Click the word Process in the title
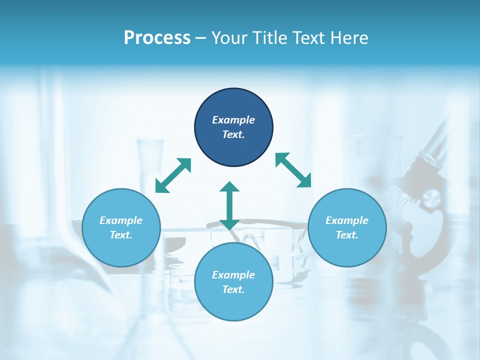click(157, 38)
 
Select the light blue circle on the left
click(121, 227)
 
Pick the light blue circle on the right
click(347, 227)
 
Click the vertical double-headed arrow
click(229, 205)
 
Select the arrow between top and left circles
click(173, 175)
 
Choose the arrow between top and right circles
click(293, 170)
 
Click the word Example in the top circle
click(233, 120)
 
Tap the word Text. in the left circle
click(121, 235)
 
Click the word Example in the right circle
click(347, 220)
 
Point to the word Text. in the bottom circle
click(233, 289)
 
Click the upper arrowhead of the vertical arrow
click(229, 186)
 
